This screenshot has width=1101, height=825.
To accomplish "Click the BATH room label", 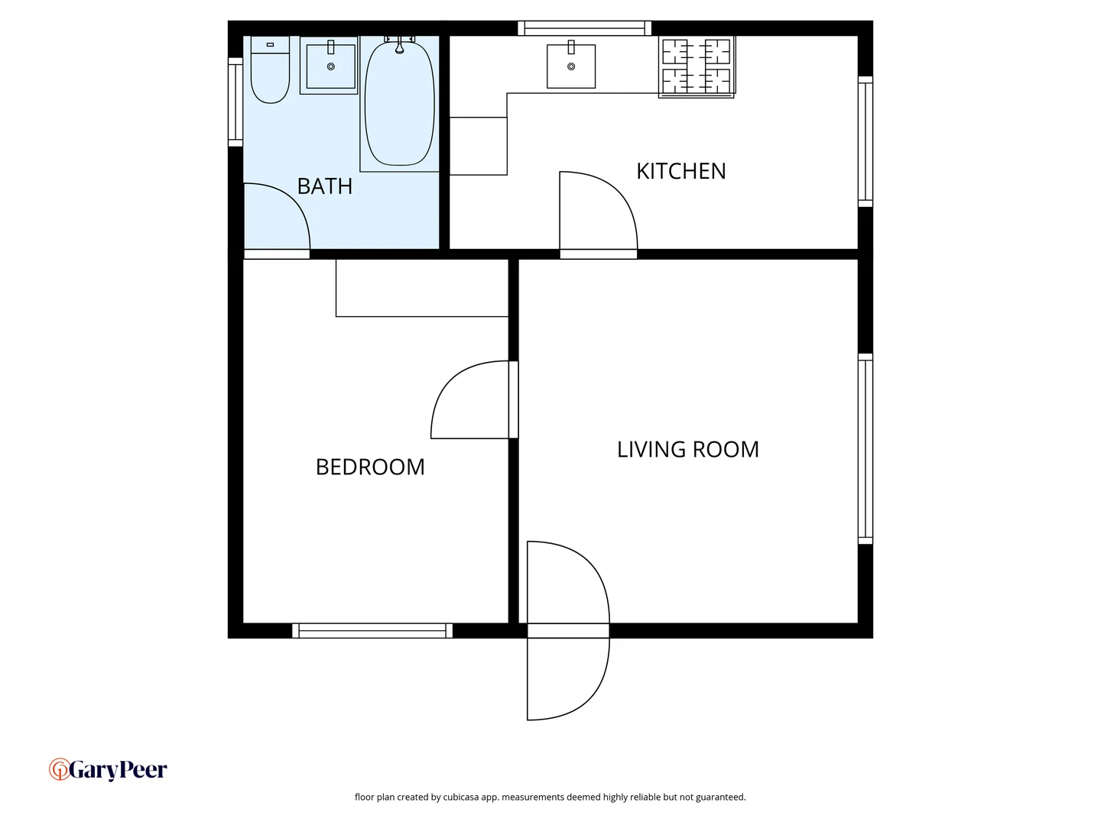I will [x=324, y=186].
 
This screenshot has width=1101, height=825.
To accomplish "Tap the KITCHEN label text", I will [x=680, y=171].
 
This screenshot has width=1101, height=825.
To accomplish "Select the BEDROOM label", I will [x=370, y=467].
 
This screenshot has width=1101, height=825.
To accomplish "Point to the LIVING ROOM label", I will [x=687, y=449].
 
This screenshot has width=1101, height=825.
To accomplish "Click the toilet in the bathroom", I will [x=270, y=70].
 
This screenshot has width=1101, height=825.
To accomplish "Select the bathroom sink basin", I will [x=330, y=67].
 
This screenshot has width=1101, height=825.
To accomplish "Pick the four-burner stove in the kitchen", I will [x=697, y=66].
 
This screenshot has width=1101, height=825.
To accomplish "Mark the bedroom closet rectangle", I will [x=422, y=288].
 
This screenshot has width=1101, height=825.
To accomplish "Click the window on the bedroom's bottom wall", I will [x=372, y=630].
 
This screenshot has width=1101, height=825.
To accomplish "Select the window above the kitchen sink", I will [x=585, y=28].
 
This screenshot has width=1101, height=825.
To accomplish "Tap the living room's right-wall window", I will [x=865, y=448].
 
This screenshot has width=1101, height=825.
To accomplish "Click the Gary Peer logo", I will [x=109, y=769].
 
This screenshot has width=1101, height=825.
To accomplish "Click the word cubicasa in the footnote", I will [x=461, y=797].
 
